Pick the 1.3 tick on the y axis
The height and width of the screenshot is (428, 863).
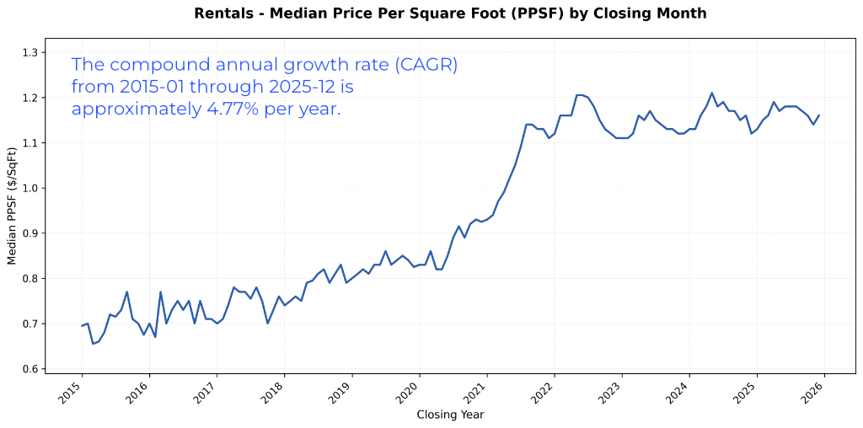tap(29, 52)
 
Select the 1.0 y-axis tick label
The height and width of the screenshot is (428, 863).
tap(29, 188)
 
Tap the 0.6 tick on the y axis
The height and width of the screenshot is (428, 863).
tap(29, 369)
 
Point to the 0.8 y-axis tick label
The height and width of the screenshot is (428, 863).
tap(29, 278)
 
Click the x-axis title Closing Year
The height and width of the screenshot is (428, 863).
tap(450, 415)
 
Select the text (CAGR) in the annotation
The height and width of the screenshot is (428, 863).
tap(426, 65)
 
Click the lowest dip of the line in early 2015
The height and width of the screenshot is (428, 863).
tap(93, 344)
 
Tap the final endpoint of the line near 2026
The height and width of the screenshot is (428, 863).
tap(818, 115)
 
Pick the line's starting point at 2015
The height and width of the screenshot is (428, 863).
tap(82, 326)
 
